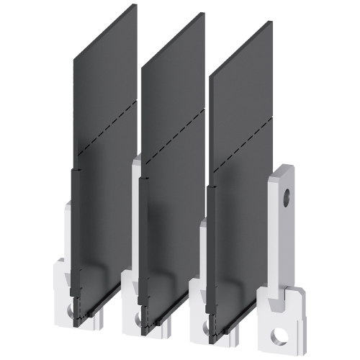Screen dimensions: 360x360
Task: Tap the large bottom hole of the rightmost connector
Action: tap(277, 337)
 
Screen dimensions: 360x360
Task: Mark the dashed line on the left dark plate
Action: tap(104, 126)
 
